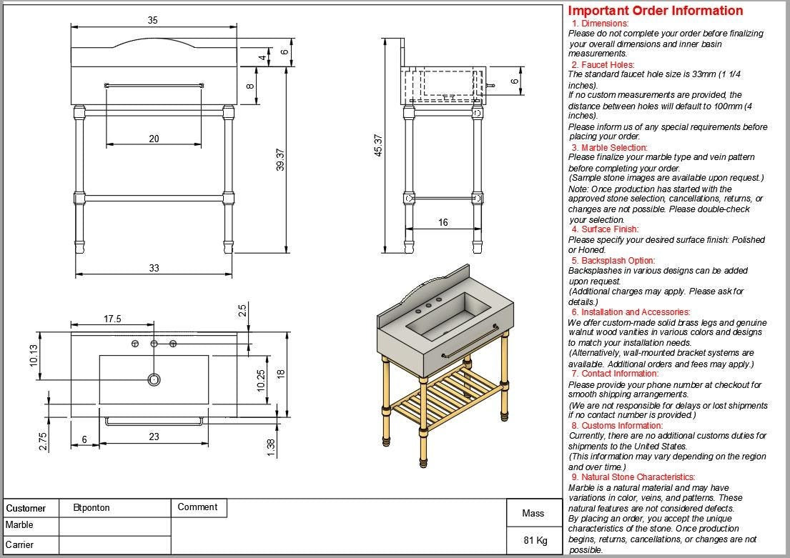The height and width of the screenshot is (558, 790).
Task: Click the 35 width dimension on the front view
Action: pyautogui.click(x=153, y=21)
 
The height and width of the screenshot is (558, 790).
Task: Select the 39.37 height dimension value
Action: pyautogui.click(x=281, y=159)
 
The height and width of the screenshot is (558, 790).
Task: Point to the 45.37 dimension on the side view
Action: pyautogui.click(x=378, y=146)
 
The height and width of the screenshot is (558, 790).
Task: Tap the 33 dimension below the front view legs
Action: pyautogui.click(x=154, y=268)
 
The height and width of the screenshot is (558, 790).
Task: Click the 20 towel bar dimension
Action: pyautogui.click(x=154, y=139)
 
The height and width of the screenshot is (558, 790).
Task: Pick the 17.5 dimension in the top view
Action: pyautogui.click(x=112, y=319)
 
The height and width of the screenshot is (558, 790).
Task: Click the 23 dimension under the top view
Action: pyautogui.click(x=154, y=437)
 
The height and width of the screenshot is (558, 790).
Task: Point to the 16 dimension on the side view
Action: pyautogui.click(x=443, y=223)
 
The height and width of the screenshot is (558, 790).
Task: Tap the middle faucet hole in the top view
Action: pyautogui.click(x=154, y=344)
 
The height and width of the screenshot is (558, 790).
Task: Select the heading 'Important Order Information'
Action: pyautogui.click(x=655, y=11)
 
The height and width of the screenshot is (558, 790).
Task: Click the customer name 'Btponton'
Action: pyautogui.click(x=92, y=508)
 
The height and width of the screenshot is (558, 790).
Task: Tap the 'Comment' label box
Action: pyautogui.click(x=197, y=507)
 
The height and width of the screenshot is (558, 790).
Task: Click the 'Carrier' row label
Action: pyautogui.click(x=20, y=544)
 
